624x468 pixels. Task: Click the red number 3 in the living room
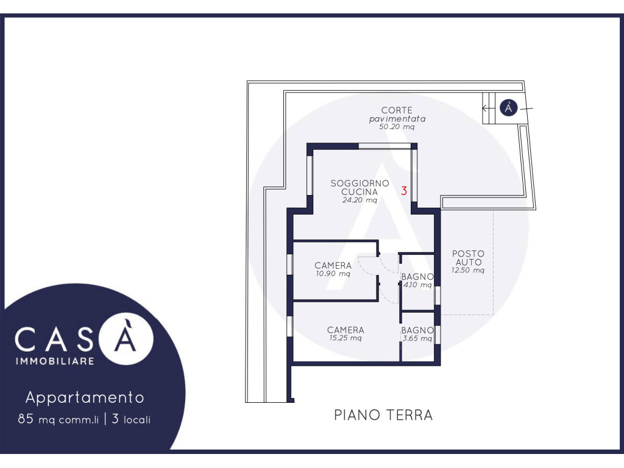click(x=404, y=191)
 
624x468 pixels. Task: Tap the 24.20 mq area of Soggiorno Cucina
click(x=360, y=200)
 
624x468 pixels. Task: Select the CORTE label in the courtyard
click(x=397, y=110)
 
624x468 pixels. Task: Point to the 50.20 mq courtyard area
click(x=397, y=127)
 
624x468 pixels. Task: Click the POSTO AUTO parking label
click(x=469, y=258)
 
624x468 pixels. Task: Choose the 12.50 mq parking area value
click(x=468, y=270)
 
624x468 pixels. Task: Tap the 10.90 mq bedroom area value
click(x=333, y=274)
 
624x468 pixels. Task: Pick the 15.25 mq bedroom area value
click(x=346, y=338)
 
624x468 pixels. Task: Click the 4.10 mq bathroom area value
click(x=417, y=285)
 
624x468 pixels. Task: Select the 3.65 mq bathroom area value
click(x=417, y=339)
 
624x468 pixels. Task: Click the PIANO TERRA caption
click(x=383, y=415)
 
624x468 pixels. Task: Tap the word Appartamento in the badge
click(x=85, y=397)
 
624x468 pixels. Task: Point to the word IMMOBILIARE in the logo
click(x=55, y=361)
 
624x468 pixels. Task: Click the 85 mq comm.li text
click(x=58, y=419)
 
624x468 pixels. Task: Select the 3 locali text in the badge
click(x=132, y=419)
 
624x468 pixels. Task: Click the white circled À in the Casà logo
click(x=126, y=338)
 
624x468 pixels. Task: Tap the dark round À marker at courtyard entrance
click(x=509, y=108)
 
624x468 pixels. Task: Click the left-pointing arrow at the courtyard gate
click(x=486, y=108)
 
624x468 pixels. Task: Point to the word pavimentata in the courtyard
click(x=397, y=119)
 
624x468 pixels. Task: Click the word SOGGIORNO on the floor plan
click(x=360, y=183)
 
